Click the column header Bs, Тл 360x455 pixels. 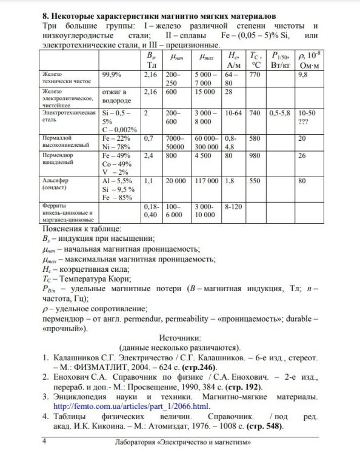click(151, 59)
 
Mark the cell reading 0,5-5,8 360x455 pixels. click(279, 113)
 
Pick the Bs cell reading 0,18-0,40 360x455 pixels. click(152, 211)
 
